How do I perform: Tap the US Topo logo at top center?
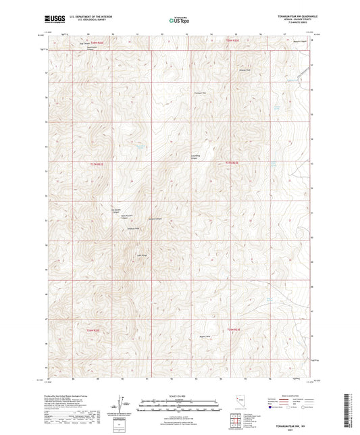179,20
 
